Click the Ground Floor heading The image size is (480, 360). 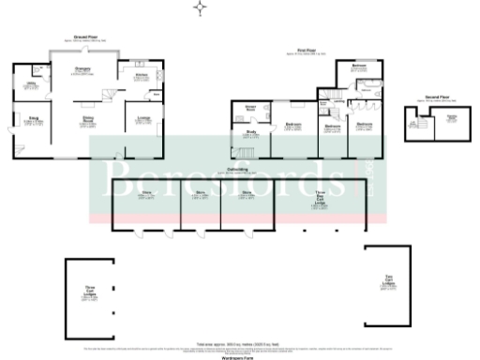tap(88, 37)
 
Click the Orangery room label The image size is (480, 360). tap(82, 69)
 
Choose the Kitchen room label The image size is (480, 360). tap(141, 74)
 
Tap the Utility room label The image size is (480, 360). tap(31, 83)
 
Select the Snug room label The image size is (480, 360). tap(32, 118)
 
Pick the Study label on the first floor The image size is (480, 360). tap(251, 133)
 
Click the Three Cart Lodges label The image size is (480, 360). tap(91, 292)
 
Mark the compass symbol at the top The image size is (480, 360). tap(199, 8)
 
